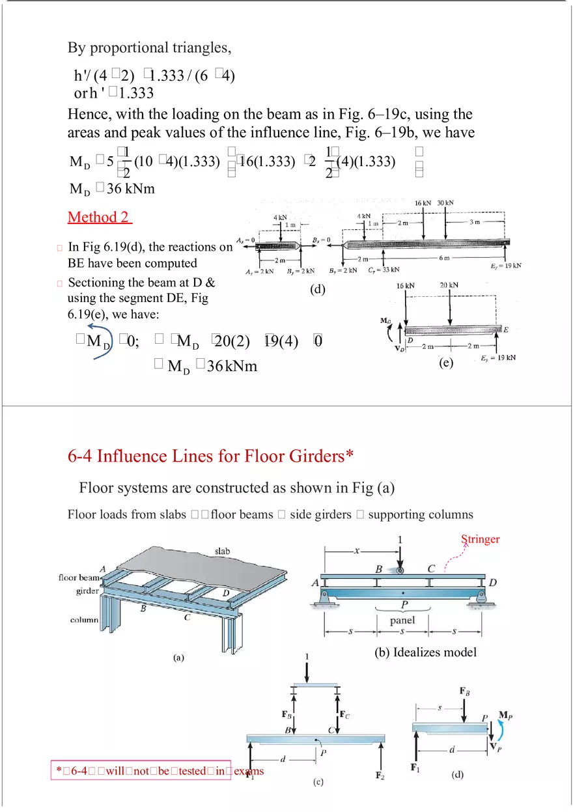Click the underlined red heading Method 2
point(99,217)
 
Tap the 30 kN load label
point(445,203)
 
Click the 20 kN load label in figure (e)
point(449,285)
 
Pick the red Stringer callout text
point(480,539)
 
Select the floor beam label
point(79,577)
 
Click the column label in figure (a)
point(85,620)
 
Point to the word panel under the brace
point(402,620)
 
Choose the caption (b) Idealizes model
point(425,652)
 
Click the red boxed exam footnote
point(160,771)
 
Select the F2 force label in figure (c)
point(380,776)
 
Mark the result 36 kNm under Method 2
point(212,367)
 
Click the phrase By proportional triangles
point(149,48)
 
